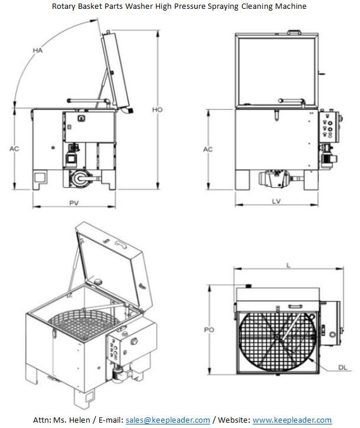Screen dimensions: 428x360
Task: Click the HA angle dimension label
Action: coord(38,51)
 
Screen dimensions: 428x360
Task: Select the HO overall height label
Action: coord(157,110)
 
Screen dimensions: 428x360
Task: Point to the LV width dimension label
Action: coord(276,202)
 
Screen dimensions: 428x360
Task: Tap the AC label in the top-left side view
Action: coord(14,149)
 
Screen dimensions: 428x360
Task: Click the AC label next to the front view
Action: coord(208,150)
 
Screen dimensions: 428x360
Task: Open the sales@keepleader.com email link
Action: coord(168,420)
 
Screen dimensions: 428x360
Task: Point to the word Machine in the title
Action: coord(291,6)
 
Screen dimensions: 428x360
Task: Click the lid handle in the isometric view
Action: coord(121,242)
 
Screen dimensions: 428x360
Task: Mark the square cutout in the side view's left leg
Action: coord(40,177)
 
